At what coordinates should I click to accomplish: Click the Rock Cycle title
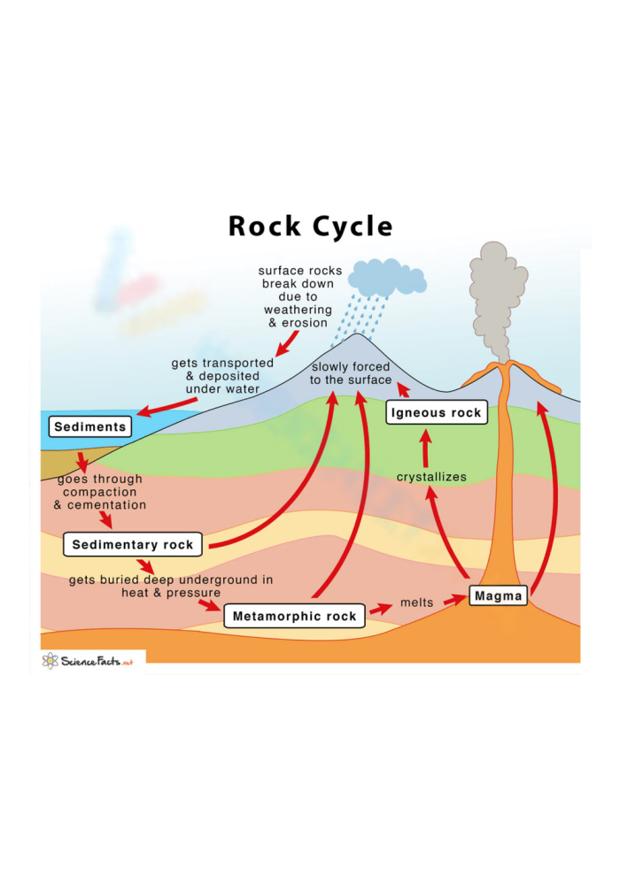click(x=310, y=226)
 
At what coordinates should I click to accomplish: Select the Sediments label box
click(x=89, y=426)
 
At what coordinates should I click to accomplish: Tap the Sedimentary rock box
click(x=133, y=545)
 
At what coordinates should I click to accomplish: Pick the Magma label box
click(x=498, y=596)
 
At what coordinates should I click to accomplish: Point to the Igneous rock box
click(x=437, y=412)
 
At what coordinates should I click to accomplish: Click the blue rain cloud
click(x=386, y=278)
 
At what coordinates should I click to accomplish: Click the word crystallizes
click(x=431, y=477)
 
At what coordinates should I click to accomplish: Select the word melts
click(x=416, y=603)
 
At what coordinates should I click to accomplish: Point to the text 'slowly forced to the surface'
click(x=350, y=373)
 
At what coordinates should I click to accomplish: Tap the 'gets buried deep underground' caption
click(x=171, y=587)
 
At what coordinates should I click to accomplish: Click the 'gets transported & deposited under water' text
click(x=216, y=376)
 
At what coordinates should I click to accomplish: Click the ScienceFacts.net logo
click(x=89, y=661)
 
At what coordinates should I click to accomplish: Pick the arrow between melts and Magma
click(x=453, y=600)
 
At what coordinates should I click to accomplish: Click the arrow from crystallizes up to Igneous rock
click(x=426, y=448)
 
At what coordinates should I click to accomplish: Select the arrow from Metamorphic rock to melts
click(x=380, y=609)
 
